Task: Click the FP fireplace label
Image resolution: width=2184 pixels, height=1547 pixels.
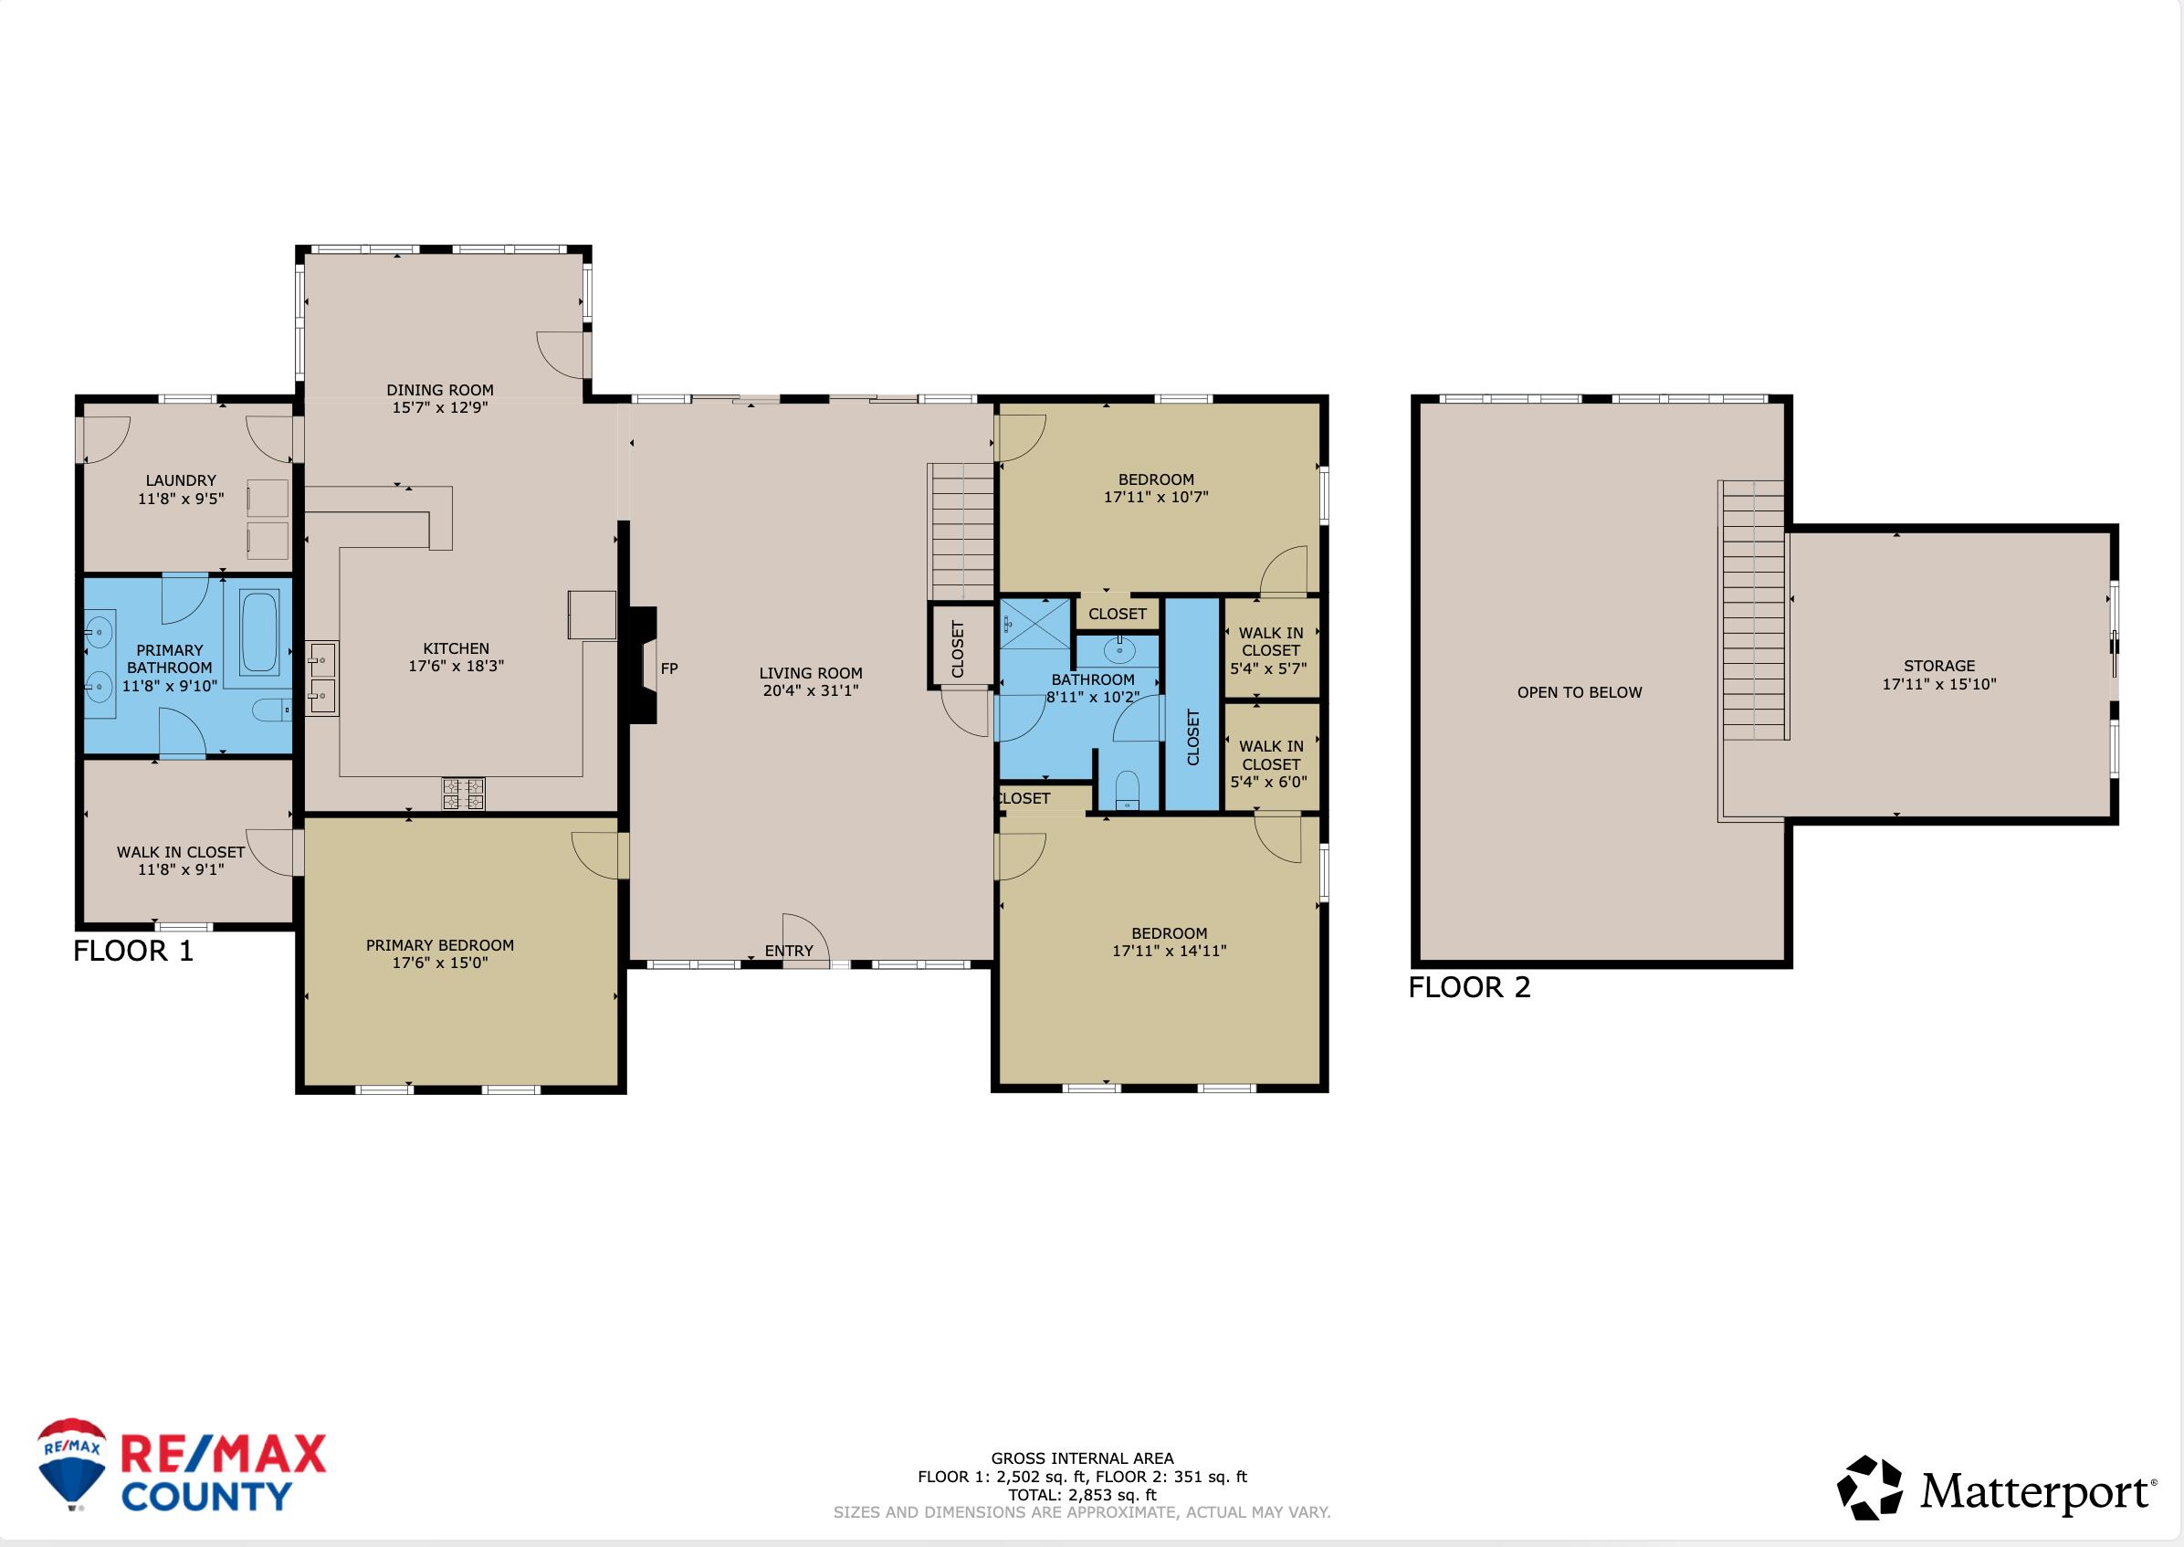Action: [x=668, y=668]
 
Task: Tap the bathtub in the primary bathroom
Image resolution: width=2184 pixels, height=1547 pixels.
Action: [x=258, y=633]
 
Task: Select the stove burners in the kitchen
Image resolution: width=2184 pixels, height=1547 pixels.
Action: [x=464, y=794]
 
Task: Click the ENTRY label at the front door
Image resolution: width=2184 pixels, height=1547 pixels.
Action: [x=789, y=951]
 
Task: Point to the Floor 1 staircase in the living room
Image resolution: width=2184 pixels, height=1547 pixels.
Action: [x=961, y=531]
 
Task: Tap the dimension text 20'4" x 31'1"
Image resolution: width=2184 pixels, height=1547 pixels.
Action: [x=811, y=690]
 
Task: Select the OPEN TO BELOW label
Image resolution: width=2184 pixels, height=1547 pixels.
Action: [x=1580, y=692]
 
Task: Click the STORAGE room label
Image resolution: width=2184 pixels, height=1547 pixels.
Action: [x=1939, y=666]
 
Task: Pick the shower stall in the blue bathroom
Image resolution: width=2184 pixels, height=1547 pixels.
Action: [x=1035, y=624]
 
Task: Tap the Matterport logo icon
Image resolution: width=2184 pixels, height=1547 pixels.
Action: [x=1869, y=1488]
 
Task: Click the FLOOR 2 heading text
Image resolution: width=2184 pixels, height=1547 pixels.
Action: [x=1469, y=988]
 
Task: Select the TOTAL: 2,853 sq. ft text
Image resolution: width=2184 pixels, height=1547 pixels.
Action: [x=1082, y=1495]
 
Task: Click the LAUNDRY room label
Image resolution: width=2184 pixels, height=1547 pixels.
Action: [x=181, y=480]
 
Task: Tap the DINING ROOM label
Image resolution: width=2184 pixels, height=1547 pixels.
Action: [x=440, y=390]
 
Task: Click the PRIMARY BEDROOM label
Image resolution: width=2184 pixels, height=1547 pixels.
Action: [x=440, y=945]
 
